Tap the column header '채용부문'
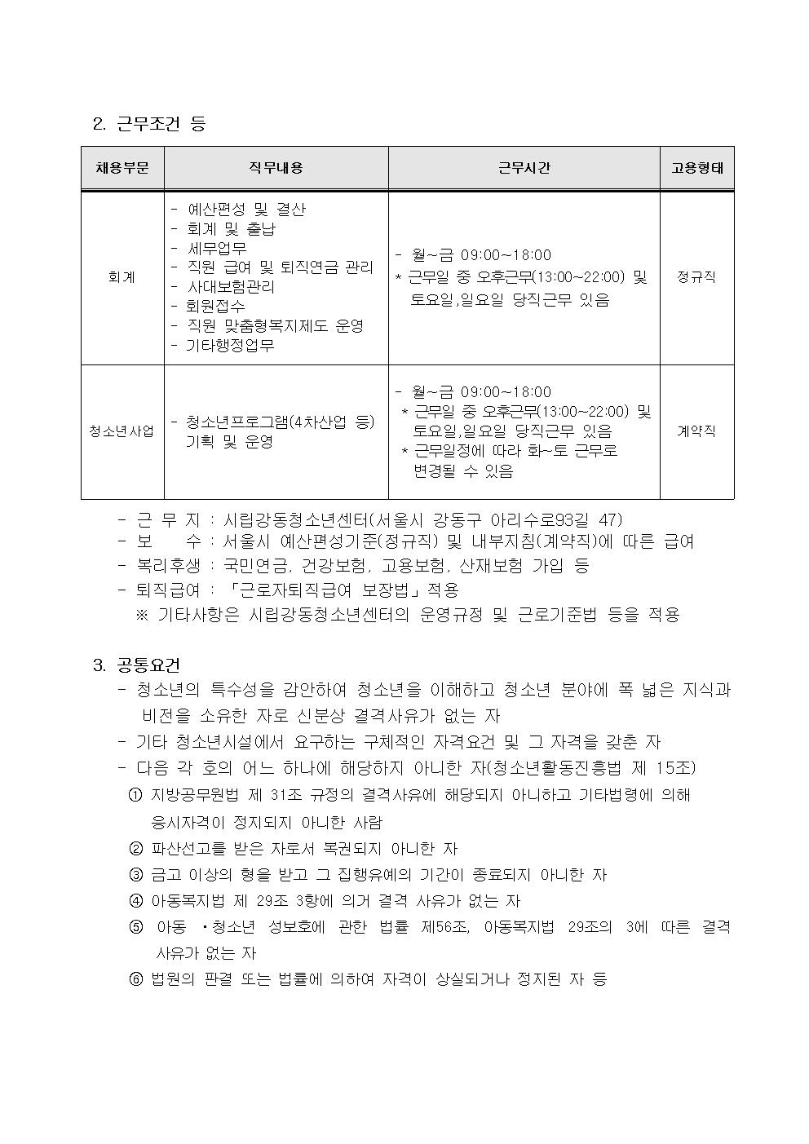coord(122,168)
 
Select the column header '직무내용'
coord(276,168)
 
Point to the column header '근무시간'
coord(524,168)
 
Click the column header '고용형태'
coord(696,168)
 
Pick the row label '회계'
coord(122,277)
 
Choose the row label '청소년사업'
coord(122,431)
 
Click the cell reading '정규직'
coord(696,277)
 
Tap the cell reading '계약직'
coord(696,431)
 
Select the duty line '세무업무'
coord(217,248)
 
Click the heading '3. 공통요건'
coord(137,665)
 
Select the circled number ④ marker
coord(135,901)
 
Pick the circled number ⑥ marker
coord(135,979)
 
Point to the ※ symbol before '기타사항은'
coord(142,615)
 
